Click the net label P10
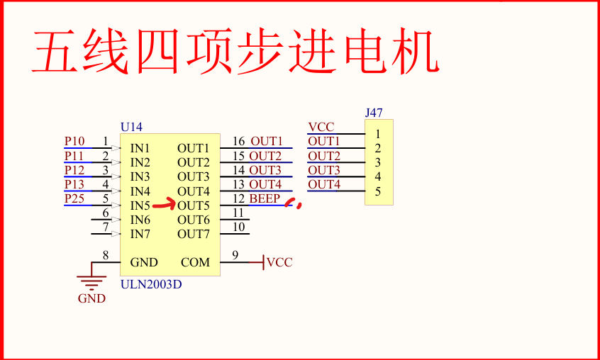[74, 142]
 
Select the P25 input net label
[74, 198]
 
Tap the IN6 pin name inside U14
[140, 220]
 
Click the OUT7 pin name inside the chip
[194, 234]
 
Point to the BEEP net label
[265, 199]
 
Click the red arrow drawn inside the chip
[164, 206]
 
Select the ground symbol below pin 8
[91, 277]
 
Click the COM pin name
[195, 262]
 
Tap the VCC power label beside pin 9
[279, 262]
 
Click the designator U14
[131, 127]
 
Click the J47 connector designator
[374, 113]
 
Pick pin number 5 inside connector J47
[378, 191]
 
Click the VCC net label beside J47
[321, 128]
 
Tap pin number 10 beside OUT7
[239, 227]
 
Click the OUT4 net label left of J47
[324, 185]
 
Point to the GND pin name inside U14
[144, 262]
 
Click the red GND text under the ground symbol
[91, 298]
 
